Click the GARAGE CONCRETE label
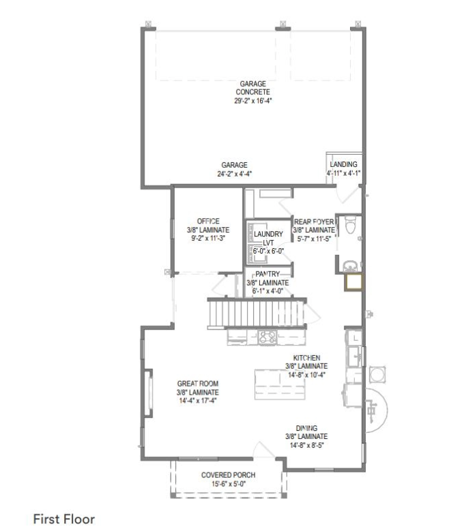253,88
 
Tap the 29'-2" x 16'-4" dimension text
253,100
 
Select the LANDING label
343,164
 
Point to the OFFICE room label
208,221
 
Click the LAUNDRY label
268,234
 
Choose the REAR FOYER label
314,222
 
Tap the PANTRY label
267,274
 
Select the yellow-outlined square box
353,282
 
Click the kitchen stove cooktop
267,337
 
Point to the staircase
257,313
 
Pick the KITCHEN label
306,358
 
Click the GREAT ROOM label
198,384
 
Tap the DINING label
306,428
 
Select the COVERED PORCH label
229,475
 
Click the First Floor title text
64,519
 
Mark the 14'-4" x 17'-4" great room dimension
198,401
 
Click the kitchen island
280,384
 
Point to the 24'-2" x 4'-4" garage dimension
234,174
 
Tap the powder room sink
351,267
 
